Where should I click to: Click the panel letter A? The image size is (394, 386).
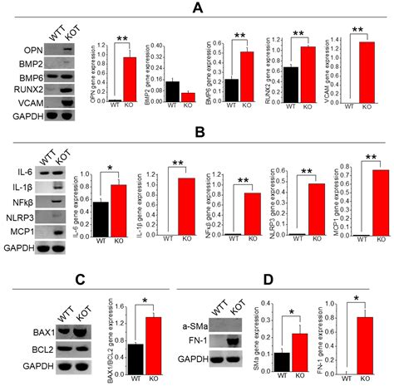[197, 9]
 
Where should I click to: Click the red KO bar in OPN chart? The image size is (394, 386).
[130, 79]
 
